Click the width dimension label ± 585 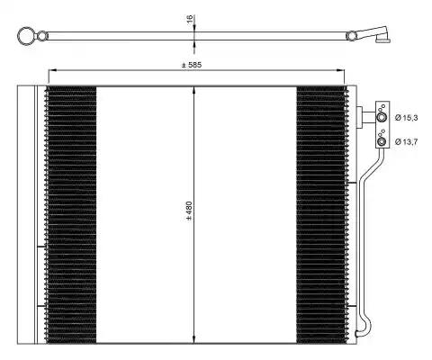point(192,65)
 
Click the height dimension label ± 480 point(189,211)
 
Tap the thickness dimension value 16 point(190,19)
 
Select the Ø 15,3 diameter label point(406,118)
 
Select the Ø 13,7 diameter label point(406,141)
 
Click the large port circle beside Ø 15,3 point(382,117)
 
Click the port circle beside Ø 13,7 point(382,141)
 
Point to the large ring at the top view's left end point(19,36)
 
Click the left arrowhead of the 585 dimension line point(51,70)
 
